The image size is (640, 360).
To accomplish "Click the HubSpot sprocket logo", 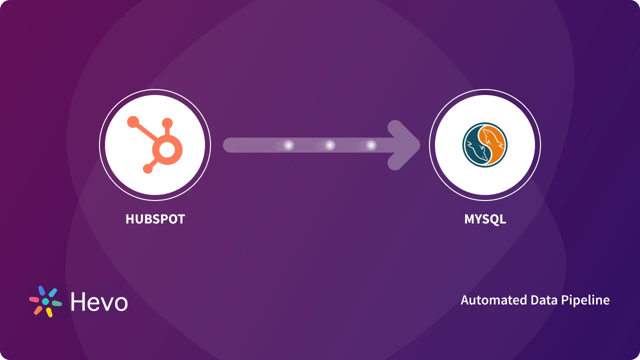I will (155, 145).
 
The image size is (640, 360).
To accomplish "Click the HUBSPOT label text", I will (155, 219).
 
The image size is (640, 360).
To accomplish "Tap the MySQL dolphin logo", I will (484, 145).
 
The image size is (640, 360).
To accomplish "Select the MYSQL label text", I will (485, 219).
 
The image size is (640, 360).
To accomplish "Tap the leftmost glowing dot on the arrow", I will (288, 145).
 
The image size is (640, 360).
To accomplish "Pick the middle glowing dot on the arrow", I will (330, 145).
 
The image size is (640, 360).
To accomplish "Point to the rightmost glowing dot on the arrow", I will (371, 145).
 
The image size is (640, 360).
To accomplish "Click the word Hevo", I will (99, 301).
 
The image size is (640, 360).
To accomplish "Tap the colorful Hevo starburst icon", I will (45, 301).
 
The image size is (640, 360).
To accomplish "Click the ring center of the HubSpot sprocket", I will (167, 149).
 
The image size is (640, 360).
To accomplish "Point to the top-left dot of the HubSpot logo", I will (133, 121).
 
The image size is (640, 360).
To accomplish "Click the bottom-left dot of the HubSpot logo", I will (147, 168).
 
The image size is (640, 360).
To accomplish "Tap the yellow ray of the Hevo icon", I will (49, 312).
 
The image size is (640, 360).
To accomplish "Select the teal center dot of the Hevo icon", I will (45, 301).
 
